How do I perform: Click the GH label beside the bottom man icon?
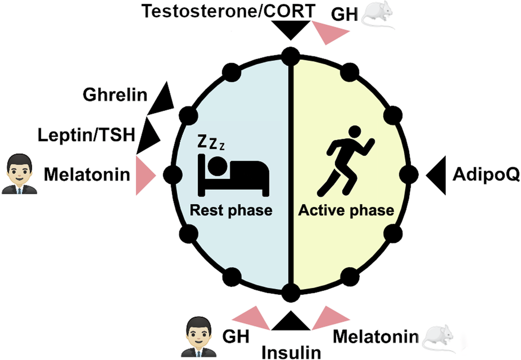(236, 335)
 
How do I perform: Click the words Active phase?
(347, 210)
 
